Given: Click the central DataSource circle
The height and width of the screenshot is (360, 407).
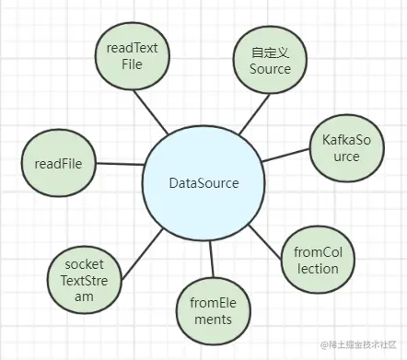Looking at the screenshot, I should pyautogui.click(x=203, y=183).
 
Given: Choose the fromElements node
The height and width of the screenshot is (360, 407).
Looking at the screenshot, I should pyautogui.click(x=212, y=310).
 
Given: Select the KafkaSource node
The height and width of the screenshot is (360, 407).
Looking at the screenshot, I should pyautogui.click(x=341, y=147).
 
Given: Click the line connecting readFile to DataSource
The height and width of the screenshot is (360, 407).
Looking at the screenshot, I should pyautogui.click(x=119, y=166).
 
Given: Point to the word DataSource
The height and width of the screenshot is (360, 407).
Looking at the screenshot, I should pyautogui.click(x=203, y=183).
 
